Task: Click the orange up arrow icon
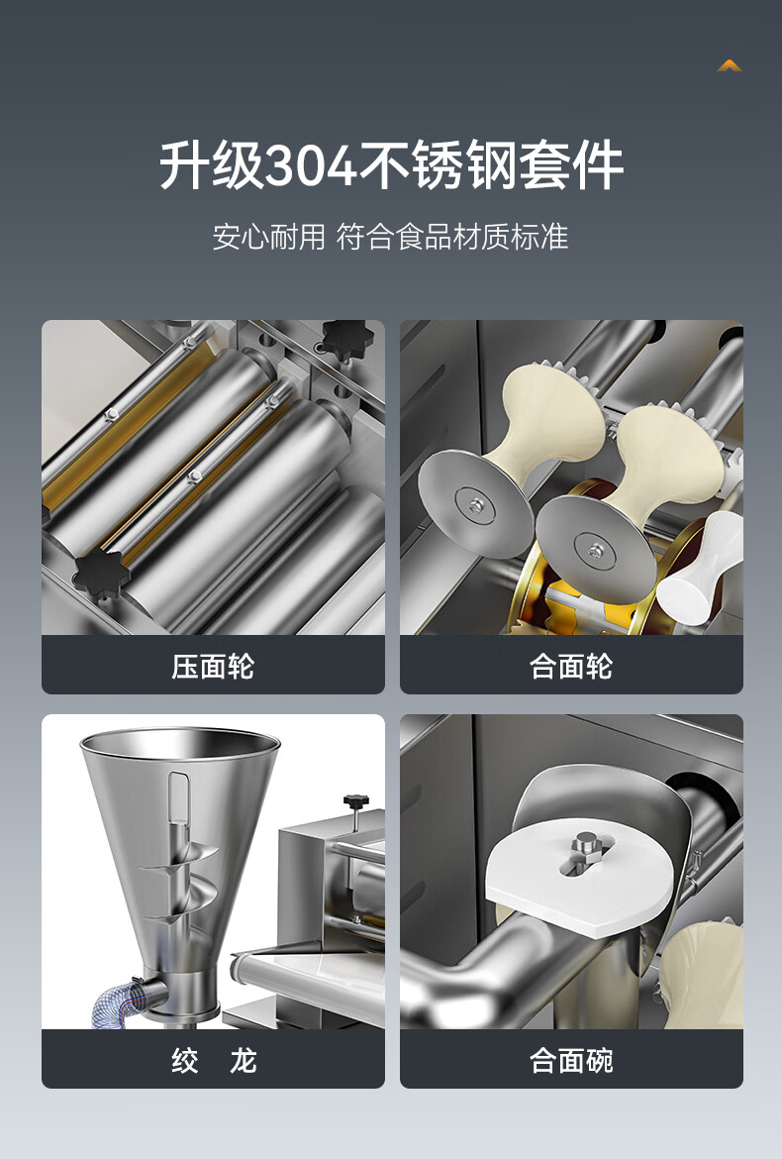pyautogui.click(x=729, y=65)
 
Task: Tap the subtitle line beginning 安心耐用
pyautogui.click(x=391, y=237)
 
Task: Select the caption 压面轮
pyautogui.click(x=213, y=667)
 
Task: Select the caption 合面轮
pyautogui.click(x=571, y=667)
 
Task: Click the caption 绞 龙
pyautogui.click(x=214, y=1061)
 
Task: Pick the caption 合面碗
pyautogui.click(x=571, y=1061)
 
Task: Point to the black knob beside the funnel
pyautogui.click(x=355, y=801)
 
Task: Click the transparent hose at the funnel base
pyautogui.click(x=117, y=1001)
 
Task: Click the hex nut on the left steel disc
pyautogui.click(x=472, y=505)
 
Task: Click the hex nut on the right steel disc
pyautogui.click(x=595, y=549)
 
